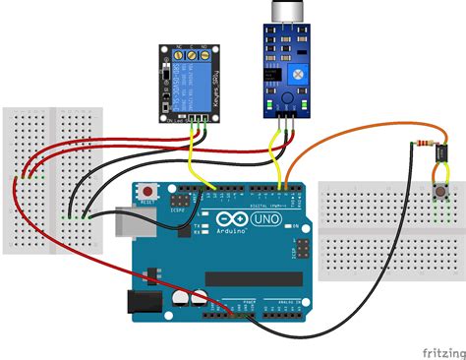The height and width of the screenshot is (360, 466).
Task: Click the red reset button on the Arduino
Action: click(x=148, y=189)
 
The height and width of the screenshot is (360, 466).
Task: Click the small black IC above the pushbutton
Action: click(x=439, y=153)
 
